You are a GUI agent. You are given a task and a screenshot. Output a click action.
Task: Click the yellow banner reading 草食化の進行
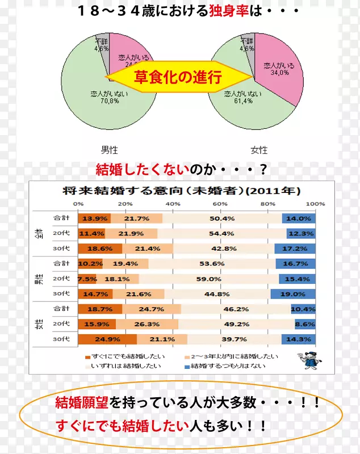tap(177, 77)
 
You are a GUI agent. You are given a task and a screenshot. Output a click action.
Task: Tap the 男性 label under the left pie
tap(109, 150)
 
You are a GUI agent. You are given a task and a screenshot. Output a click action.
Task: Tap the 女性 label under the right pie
tap(259, 150)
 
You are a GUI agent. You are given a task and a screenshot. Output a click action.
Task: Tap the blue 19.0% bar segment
tap(293, 294)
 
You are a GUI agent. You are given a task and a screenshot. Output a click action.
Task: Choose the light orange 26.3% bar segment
tap(146, 324)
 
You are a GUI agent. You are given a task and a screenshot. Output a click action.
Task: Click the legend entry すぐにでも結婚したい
tap(119, 357)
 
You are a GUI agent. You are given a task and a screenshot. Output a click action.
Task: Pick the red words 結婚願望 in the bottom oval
tap(81, 403)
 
